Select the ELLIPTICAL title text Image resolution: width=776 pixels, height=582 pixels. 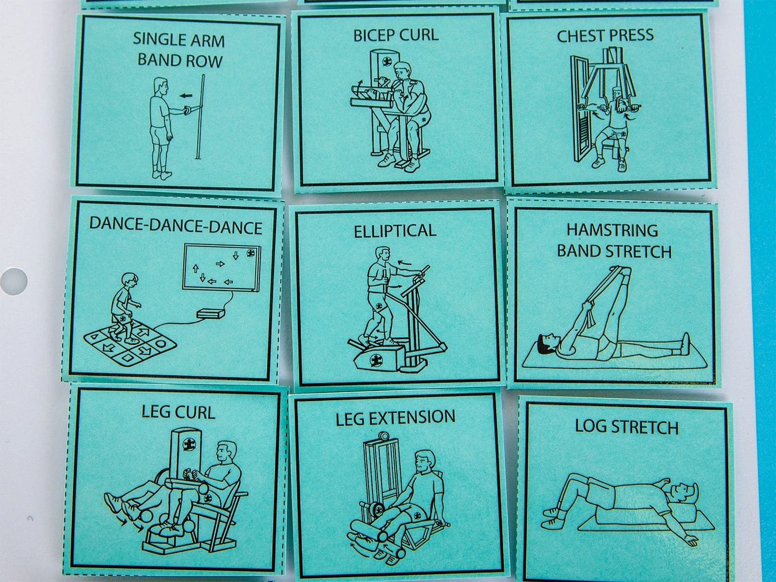pos(395,231)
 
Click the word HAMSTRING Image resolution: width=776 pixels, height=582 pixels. pos(613,230)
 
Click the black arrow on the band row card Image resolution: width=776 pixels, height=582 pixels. pos(186,95)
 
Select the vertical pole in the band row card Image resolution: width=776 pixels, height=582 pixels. pos(200,116)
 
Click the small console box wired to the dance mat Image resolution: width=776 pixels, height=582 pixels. pos(210,314)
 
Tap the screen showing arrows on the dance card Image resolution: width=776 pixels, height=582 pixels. pos(222,268)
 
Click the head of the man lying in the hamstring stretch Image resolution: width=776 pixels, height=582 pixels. pos(547,343)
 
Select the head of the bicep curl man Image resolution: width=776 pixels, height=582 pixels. pos(403,73)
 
